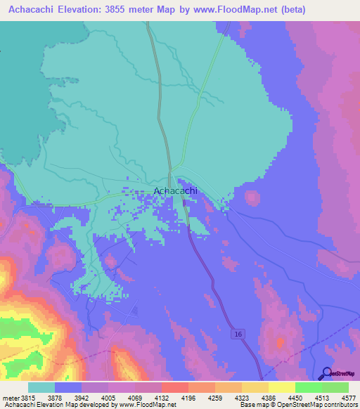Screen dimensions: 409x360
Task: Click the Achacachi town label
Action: pos(175,190)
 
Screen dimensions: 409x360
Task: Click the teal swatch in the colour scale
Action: pos(41,387)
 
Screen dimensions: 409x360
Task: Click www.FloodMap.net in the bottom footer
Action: pos(148,405)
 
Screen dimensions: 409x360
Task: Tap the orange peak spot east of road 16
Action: pos(280,342)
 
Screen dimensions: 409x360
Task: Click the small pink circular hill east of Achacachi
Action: pos(251,197)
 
